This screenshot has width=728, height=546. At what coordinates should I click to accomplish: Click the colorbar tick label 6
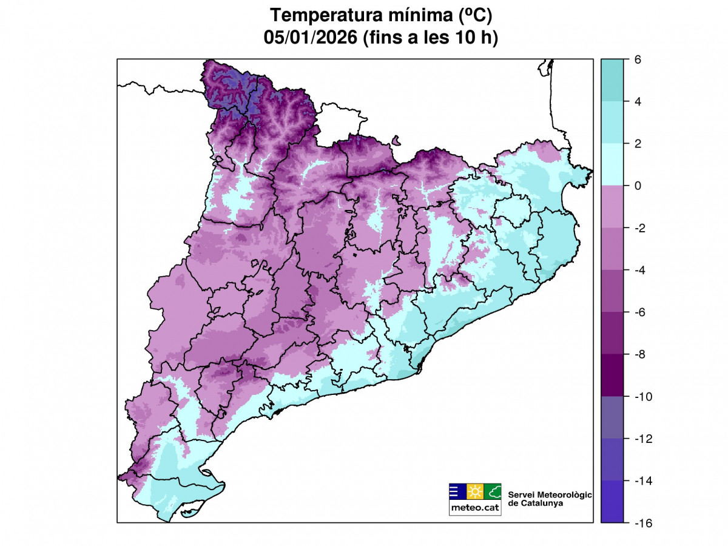(x=638, y=59)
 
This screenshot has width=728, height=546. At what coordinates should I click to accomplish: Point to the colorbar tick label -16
(x=644, y=522)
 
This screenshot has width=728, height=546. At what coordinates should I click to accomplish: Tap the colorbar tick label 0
(x=638, y=186)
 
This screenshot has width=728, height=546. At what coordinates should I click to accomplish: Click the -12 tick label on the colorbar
(x=644, y=438)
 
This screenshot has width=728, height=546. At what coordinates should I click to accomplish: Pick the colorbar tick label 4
(x=638, y=101)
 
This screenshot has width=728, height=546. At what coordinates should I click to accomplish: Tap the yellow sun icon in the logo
(x=475, y=491)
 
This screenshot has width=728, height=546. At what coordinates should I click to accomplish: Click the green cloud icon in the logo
(x=493, y=491)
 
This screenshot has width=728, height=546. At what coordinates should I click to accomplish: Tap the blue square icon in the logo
(x=457, y=491)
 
